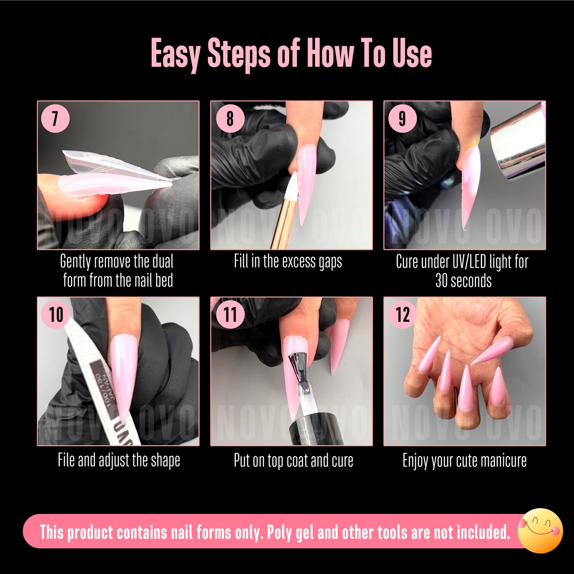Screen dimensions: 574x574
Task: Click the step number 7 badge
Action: (x=55, y=118)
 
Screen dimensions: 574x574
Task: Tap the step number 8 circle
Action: (x=230, y=118)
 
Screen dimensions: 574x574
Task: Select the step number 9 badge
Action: (x=402, y=118)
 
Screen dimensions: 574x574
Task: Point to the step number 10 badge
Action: (x=56, y=315)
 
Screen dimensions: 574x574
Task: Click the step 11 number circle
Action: (x=230, y=315)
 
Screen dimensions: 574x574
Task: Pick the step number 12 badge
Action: (x=402, y=315)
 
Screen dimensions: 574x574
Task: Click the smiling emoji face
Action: (x=540, y=530)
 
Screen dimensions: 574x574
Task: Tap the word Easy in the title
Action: (x=175, y=54)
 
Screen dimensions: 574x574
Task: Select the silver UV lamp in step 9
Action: (x=516, y=141)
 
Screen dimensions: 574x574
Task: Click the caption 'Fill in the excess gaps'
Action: (x=288, y=261)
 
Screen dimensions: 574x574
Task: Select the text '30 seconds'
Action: (x=463, y=281)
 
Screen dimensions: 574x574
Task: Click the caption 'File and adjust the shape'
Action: (x=119, y=460)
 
